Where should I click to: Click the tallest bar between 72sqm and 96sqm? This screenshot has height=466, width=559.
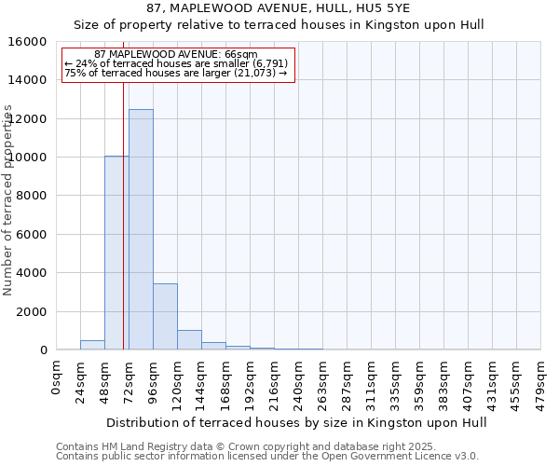coord(141,229)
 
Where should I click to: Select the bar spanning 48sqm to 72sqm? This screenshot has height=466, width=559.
coord(116,253)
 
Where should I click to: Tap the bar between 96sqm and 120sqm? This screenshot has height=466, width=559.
coord(165,316)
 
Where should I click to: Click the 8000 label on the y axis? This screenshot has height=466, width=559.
coord(34,196)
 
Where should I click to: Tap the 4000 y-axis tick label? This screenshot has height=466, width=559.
coord(34,273)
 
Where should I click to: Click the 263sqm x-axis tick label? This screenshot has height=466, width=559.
coord(322,379)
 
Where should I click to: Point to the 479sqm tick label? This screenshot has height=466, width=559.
coord(540,379)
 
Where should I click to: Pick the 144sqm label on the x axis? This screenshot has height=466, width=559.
coord(201,379)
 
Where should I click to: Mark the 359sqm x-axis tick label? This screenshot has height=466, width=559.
coord(419,379)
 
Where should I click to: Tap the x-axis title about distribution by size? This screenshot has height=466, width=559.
coord(297,422)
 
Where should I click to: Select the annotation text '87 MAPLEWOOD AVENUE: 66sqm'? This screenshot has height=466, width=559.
coord(176,55)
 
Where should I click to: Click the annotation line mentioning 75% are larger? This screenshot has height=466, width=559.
coord(176,73)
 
